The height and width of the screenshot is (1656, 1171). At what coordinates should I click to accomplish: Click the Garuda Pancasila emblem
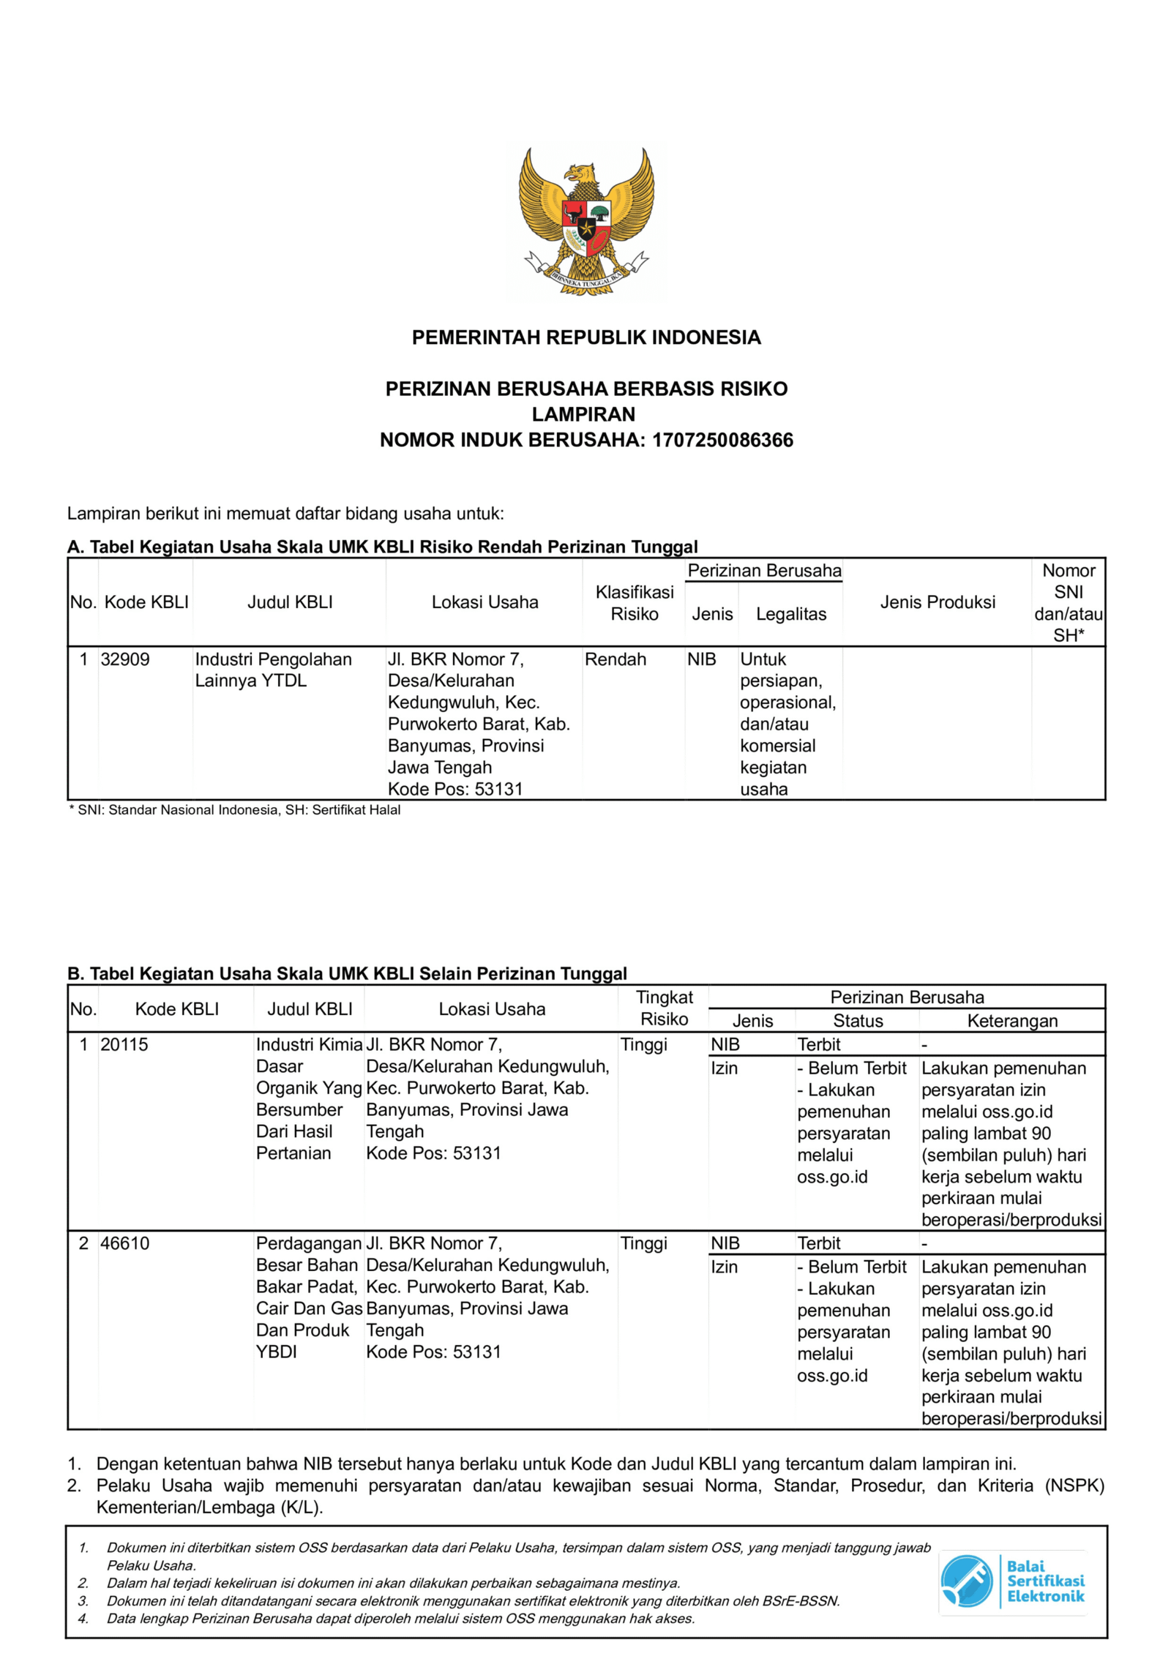[x=585, y=221]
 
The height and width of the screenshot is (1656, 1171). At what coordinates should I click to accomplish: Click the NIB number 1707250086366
[x=722, y=440]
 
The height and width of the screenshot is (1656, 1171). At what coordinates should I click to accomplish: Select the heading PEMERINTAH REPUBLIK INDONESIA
[x=585, y=337]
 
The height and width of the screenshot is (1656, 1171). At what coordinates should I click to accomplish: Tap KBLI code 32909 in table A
[x=125, y=659]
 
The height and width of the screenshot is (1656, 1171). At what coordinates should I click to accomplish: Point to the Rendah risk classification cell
[x=615, y=659]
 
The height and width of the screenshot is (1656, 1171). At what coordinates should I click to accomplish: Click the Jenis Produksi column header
[x=937, y=602]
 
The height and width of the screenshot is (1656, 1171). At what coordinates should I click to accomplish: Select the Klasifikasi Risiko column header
[x=634, y=602]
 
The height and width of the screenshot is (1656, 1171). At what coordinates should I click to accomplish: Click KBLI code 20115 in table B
[x=124, y=1044]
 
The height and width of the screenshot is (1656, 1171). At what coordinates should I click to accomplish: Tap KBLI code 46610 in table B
[x=124, y=1243]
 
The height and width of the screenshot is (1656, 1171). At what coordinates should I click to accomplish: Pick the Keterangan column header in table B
[x=1011, y=1021]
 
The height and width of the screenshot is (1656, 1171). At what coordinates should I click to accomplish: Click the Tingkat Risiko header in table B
[x=664, y=1008]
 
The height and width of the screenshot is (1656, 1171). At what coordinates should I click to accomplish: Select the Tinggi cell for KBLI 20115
[x=643, y=1044]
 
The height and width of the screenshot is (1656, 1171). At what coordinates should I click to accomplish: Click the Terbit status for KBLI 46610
[x=818, y=1243]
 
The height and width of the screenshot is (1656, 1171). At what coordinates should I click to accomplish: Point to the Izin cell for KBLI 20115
[x=724, y=1068]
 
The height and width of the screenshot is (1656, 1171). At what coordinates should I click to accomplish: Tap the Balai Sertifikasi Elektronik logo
[x=1012, y=1581]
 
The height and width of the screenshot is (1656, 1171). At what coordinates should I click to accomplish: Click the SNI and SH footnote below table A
[x=234, y=810]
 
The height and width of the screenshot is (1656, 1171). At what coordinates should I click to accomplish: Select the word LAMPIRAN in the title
[x=583, y=414]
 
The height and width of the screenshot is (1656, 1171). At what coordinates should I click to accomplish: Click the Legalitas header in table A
[x=790, y=614]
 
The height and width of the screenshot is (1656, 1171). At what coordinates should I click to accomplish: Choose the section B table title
[x=347, y=973]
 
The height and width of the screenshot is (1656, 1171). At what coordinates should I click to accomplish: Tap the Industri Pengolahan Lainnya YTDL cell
[x=273, y=670]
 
